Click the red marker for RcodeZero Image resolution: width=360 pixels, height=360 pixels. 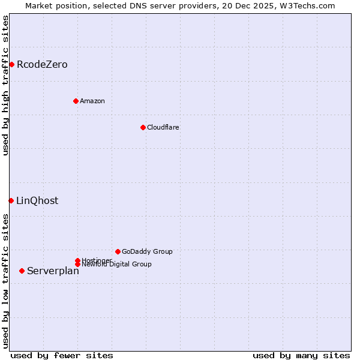tap(11, 64)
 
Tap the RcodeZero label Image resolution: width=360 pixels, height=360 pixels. tap(42, 65)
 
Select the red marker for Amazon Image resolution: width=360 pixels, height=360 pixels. tap(76, 101)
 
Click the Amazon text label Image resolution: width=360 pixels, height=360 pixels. tap(92, 101)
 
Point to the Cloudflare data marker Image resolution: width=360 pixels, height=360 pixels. tap(143, 127)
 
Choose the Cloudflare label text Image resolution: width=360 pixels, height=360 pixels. tap(163, 127)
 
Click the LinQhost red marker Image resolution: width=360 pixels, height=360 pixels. tap(11, 200)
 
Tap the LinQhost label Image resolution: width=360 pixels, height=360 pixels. tap(37, 201)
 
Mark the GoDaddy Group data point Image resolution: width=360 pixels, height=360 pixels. tap(118, 251)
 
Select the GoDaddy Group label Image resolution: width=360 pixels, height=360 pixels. tap(147, 251)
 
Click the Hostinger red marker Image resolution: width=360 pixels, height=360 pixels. tap(77, 260)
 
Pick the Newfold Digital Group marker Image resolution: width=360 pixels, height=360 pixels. tap(77, 265)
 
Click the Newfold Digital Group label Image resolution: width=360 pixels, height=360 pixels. tap(117, 265)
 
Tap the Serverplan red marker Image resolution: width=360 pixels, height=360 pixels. tap(22, 271)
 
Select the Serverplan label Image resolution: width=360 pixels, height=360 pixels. tap(53, 271)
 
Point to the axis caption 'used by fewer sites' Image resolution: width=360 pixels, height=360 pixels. tap(62, 355)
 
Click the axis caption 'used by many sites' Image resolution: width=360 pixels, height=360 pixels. tap(301, 355)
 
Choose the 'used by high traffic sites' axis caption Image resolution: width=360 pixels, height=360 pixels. tap(5, 85)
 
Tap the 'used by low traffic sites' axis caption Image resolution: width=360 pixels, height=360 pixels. tap(5, 281)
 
